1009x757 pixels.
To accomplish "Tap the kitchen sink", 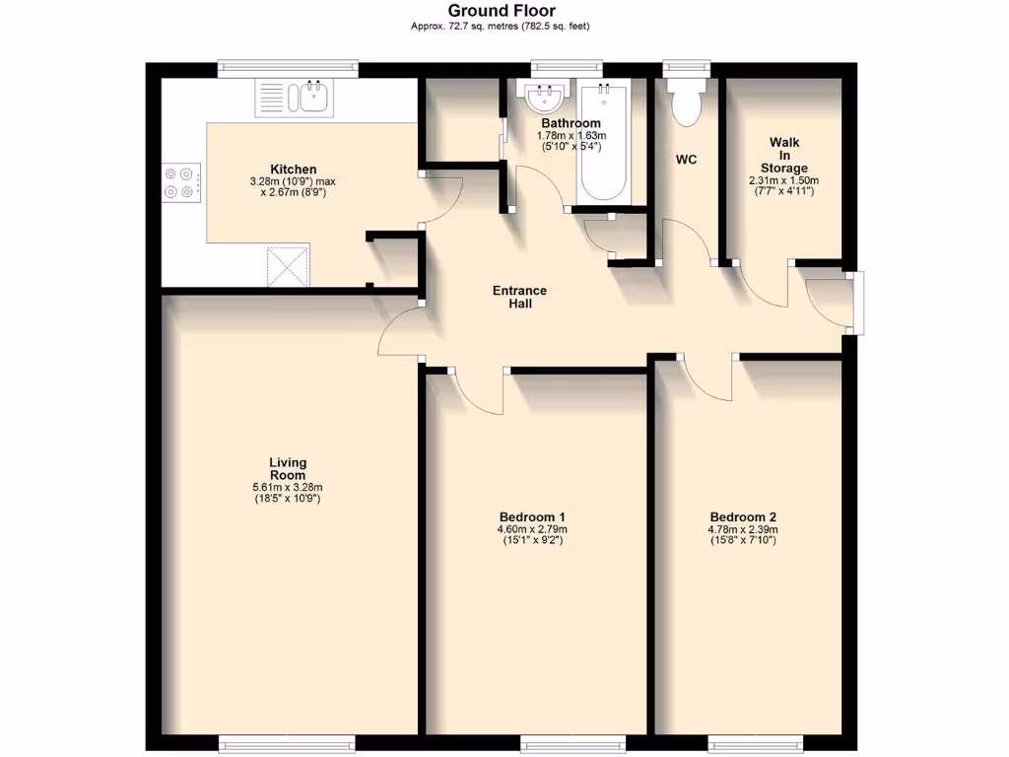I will point(296,98).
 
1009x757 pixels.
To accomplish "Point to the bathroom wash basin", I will point(544,99).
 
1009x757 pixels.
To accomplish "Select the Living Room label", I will point(288,469).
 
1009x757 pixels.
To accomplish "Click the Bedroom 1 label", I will point(532,517).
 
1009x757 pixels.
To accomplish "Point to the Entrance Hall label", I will point(520,298).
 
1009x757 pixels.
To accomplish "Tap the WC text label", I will point(686,160).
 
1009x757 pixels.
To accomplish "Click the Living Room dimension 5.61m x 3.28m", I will point(288,487).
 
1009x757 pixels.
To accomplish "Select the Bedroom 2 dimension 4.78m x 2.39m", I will point(744,529).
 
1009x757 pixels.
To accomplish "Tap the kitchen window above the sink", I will point(288,68).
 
